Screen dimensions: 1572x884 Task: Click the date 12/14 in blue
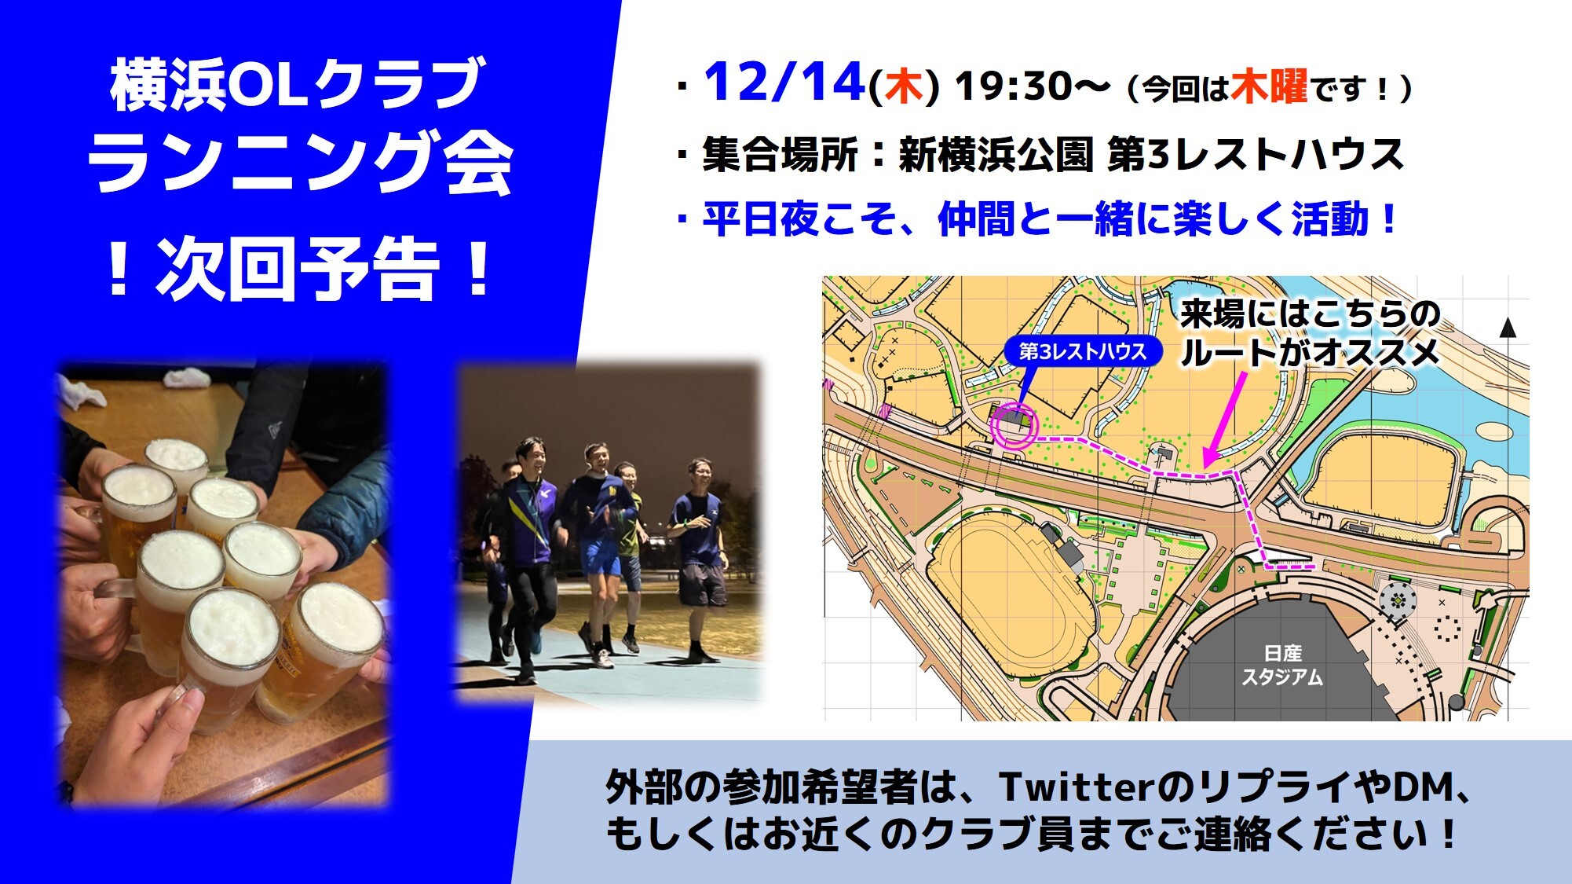[x=784, y=83]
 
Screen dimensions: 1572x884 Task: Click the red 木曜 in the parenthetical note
[x=1269, y=86]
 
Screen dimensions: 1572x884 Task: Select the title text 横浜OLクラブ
[x=296, y=85]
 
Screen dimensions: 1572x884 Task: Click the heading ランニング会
[x=301, y=162]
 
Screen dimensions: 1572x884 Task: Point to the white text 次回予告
[x=298, y=269]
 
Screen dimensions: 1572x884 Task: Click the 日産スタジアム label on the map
[x=1282, y=665]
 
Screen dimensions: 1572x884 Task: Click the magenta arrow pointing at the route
[x=1225, y=418]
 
